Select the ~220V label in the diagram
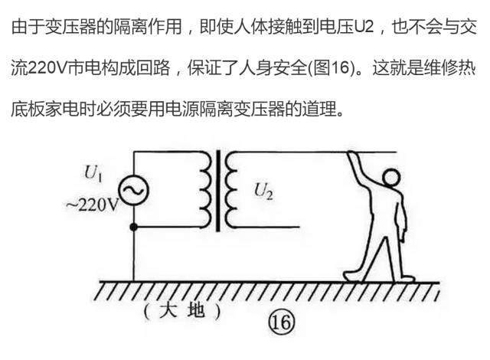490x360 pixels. (x=91, y=206)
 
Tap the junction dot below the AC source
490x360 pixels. (x=134, y=227)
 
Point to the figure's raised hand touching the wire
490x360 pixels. (x=353, y=156)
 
